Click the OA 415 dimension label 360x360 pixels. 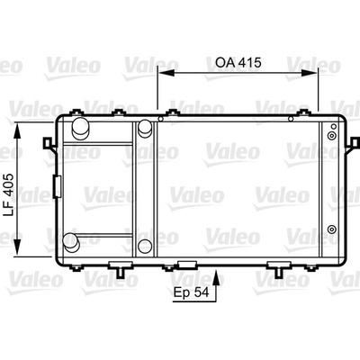point(238,63)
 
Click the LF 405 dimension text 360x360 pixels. point(9,194)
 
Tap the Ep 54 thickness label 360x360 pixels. point(191,292)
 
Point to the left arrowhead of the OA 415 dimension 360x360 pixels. point(166,73)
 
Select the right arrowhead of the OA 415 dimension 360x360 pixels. point(309,73)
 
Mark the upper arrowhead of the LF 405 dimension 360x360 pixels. point(18,131)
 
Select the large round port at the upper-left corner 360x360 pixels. point(80,129)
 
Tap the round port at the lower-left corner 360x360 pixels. point(71,242)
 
